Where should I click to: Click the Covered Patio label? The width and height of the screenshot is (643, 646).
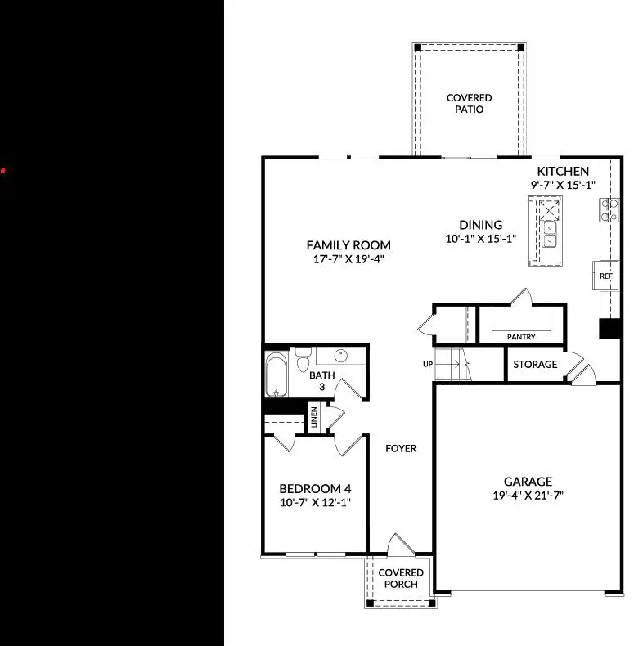469,104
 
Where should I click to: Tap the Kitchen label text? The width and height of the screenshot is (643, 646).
562,171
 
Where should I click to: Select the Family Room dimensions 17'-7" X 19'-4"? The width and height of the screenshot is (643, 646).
348,259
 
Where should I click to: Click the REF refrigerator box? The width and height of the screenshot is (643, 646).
606,276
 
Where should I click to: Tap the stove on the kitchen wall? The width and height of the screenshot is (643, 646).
609,210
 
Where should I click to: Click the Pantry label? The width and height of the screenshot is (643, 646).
521,336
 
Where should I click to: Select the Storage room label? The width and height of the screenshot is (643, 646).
536,364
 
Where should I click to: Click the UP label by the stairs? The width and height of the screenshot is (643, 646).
428,365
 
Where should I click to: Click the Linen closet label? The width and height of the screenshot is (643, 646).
313,417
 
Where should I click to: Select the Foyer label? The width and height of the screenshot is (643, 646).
402,448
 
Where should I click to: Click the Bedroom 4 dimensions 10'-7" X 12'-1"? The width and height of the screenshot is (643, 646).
315,503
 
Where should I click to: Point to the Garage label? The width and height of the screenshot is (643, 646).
528,482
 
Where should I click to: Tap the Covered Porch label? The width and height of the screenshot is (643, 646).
401,578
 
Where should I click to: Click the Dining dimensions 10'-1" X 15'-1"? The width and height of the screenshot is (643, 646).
480,239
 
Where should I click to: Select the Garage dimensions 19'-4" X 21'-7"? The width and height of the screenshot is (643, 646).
528,495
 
